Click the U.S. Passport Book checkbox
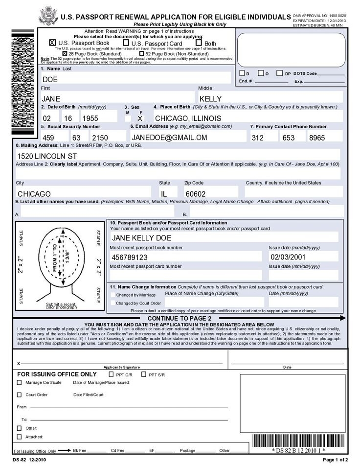(53, 43)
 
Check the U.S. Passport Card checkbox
(126, 43)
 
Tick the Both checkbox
(200, 43)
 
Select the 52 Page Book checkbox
(141, 53)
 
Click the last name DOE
(50, 79)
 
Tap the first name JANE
(51, 98)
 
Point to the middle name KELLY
(211, 98)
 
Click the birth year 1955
(90, 118)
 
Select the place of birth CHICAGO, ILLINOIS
(181, 118)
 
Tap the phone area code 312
(258, 138)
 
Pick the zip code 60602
(195, 194)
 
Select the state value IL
(164, 194)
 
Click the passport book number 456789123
(130, 257)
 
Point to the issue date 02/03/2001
(288, 257)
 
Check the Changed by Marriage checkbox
(113, 295)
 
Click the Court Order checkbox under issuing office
(20, 395)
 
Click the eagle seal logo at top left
(47, 15)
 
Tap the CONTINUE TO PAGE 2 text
(179, 318)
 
